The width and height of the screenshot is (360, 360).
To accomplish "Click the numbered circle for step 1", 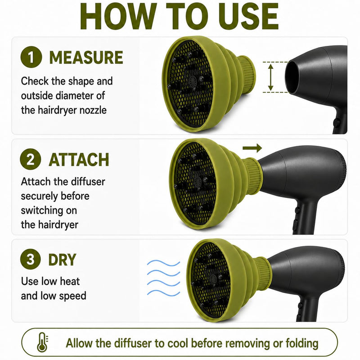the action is (x=31, y=57).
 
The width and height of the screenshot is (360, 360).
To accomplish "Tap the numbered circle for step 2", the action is (x=31, y=159).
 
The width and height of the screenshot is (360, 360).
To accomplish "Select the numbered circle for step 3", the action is (x=31, y=259).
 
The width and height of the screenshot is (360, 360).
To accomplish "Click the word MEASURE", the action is (x=86, y=58).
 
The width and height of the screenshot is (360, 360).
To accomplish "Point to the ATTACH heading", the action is (x=79, y=160).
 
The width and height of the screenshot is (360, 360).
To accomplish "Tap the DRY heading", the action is (x=62, y=260).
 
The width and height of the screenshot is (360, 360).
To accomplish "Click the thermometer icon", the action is (x=43, y=343).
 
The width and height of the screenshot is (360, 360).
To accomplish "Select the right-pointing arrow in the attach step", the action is (x=252, y=148).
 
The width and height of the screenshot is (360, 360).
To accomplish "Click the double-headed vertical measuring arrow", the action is (x=271, y=77).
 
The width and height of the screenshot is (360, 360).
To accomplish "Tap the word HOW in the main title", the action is (x=117, y=17).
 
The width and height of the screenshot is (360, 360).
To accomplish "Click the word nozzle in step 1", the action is (x=93, y=110).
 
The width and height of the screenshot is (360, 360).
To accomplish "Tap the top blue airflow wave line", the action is (x=163, y=263).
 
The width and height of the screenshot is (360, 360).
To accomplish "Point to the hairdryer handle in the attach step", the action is (x=303, y=218).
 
